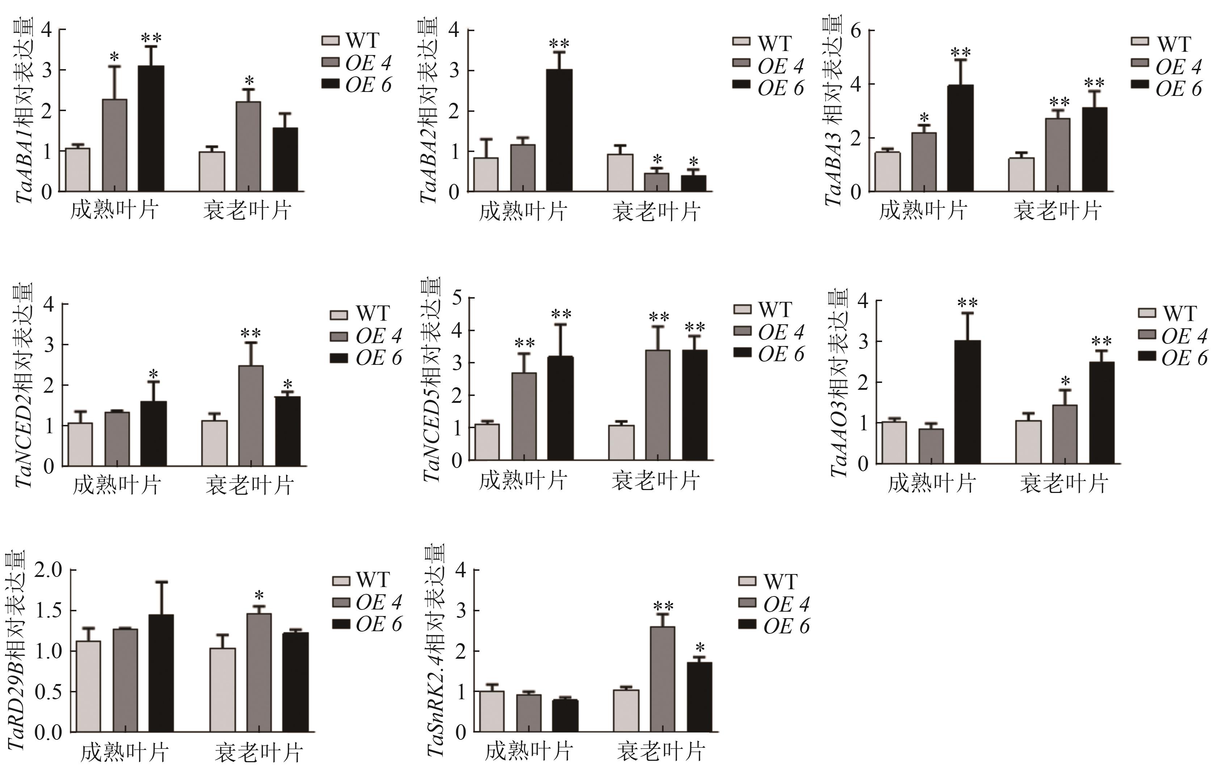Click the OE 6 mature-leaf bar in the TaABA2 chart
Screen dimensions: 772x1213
click(x=559, y=131)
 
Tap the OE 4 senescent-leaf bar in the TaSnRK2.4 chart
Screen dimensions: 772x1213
click(x=663, y=679)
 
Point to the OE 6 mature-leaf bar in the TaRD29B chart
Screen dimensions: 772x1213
click(x=161, y=673)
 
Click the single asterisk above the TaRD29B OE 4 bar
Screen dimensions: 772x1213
click(x=259, y=596)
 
